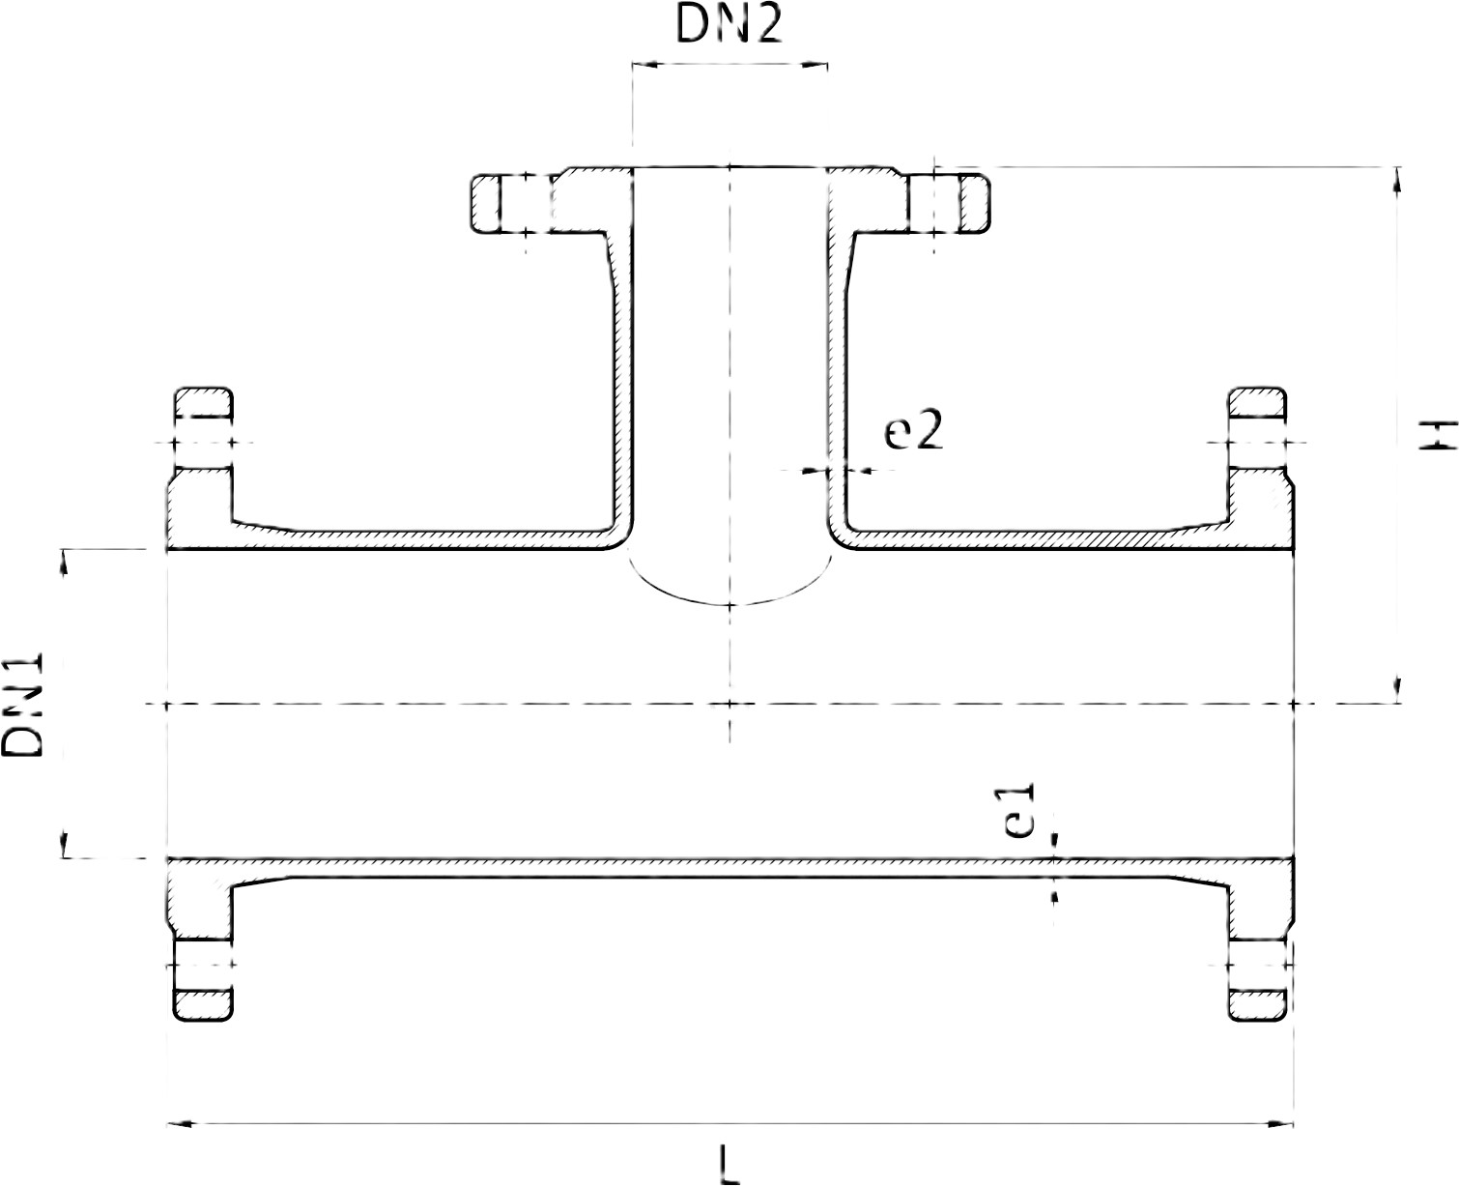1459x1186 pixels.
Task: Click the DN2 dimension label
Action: tap(729, 26)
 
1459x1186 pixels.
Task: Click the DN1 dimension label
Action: tap(23, 705)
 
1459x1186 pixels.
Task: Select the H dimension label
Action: tap(1437, 434)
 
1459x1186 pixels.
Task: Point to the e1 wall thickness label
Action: tap(1020, 811)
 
